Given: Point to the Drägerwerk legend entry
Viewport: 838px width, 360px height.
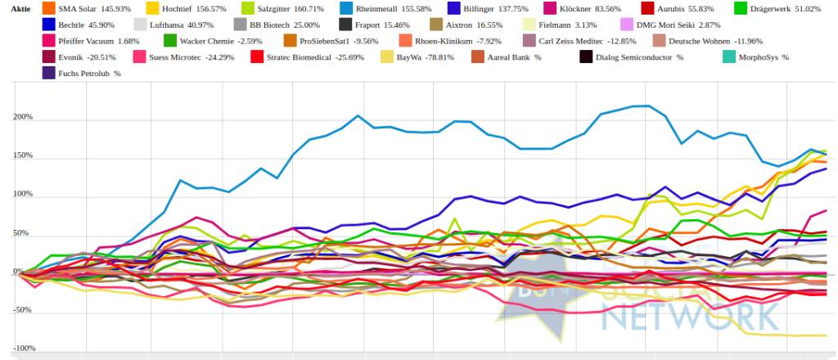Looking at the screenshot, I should point(761,8).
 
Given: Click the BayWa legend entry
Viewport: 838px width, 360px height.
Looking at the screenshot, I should point(421,57).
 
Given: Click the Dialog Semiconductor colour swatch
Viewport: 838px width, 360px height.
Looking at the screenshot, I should point(586,57).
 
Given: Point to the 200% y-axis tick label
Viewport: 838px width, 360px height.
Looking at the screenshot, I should point(22,117).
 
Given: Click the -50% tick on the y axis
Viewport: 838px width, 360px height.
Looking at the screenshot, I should point(22,310).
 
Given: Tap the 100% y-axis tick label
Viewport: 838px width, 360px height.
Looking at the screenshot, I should point(22,195).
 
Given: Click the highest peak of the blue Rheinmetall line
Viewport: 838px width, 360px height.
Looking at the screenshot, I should point(647,106).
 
